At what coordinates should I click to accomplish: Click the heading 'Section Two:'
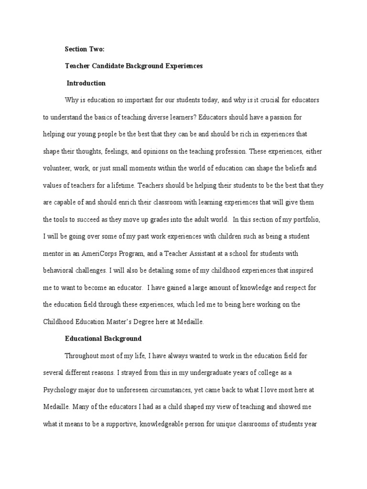click(x=84, y=49)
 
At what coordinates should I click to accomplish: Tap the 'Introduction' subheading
click(x=86, y=83)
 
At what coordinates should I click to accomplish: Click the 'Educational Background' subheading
click(x=103, y=339)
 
